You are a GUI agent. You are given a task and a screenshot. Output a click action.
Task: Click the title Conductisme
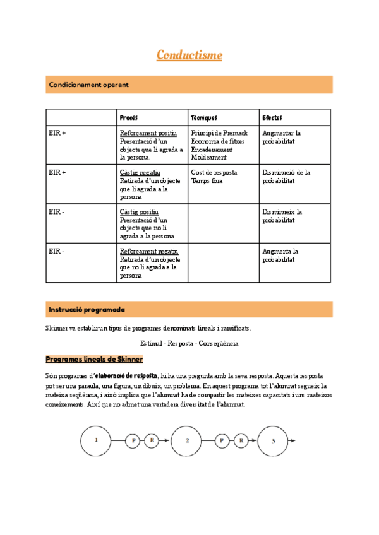[x=189, y=56]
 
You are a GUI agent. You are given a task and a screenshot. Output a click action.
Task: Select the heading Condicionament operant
[x=89, y=85]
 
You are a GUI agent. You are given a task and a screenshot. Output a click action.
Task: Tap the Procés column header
[x=129, y=117]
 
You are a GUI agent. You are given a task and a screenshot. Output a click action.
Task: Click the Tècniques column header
[x=204, y=117]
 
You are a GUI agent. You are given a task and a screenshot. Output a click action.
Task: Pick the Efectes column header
[x=272, y=117]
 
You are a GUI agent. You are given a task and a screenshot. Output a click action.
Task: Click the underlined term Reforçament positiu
[x=148, y=133]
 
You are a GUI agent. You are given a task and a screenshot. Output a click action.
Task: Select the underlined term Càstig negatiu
[x=140, y=172]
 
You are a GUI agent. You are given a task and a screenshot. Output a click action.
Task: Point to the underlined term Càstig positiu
[x=139, y=212]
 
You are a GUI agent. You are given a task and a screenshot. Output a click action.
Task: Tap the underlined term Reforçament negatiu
[x=148, y=251]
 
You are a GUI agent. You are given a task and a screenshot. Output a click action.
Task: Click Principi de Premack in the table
[x=219, y=133]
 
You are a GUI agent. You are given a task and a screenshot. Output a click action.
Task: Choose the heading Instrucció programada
[x=87, y=310]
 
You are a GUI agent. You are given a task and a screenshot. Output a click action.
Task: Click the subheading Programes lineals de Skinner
[x=94, y=359]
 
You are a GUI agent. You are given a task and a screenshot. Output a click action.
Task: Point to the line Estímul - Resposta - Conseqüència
[x=189, y=343]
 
